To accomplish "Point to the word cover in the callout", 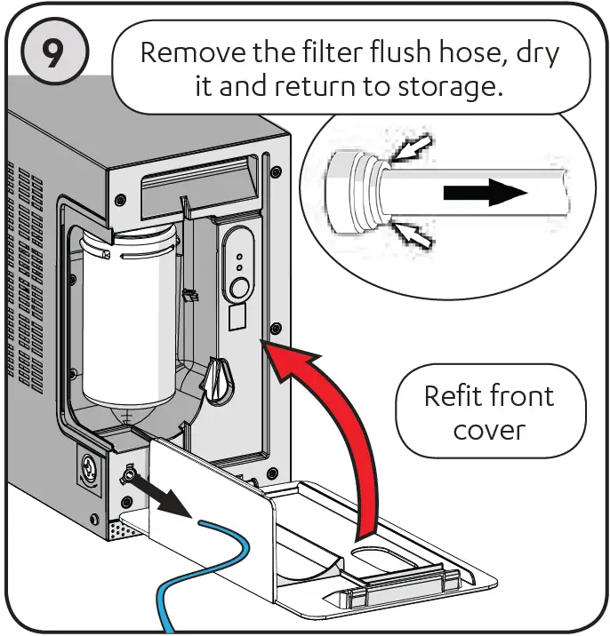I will [x=491, y=430].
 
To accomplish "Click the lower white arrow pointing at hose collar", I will [x=413, y=234].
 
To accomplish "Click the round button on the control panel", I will [x=238, y=287].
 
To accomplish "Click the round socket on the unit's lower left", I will [x=90, y=464].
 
